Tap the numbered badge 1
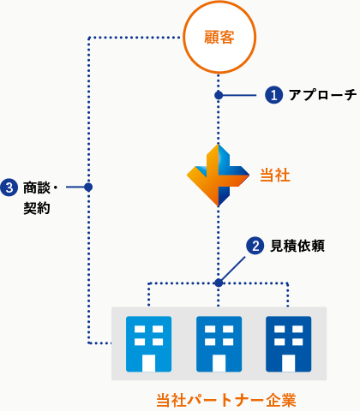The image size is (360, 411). [273, 95]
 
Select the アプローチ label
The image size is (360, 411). [322, 95]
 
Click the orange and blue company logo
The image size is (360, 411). [218, 176]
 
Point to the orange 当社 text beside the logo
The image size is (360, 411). [275, 175]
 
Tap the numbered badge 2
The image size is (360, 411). [255, 246]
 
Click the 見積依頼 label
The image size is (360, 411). [297, 246]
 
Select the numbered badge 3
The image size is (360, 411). [9, 188]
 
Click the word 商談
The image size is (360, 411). [37, 188]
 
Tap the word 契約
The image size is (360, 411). [37, 208]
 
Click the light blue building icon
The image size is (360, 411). [148, 344]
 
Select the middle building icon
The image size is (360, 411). [219, 344]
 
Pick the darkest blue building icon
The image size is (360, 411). [289, 344]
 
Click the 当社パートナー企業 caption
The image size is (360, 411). [226, 400]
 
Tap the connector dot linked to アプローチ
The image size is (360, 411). [219, 95]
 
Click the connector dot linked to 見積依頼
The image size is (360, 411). [219, 283]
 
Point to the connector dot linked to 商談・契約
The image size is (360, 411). [88, 188]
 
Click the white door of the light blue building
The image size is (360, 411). [148, 363]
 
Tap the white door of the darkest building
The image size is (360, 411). [289, 363]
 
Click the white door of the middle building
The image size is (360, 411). [219, 363]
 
